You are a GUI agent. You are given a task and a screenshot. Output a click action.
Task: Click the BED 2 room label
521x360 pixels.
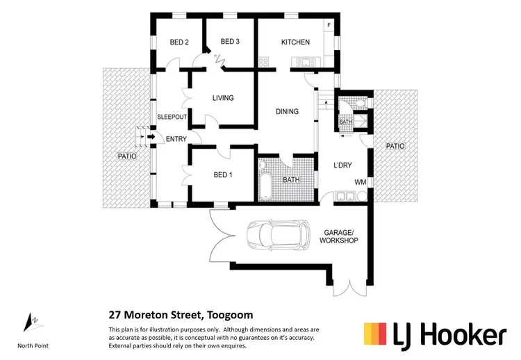tap(179, 42)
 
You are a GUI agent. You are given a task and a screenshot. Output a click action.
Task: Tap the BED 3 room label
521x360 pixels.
tap(230, 42)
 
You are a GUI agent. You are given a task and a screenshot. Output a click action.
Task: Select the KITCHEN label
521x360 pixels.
tap(295, 42)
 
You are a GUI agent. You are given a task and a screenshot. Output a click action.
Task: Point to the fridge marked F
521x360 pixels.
tap(329, 26)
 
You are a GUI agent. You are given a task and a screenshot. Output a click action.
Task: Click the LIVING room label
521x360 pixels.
tap(223, 98)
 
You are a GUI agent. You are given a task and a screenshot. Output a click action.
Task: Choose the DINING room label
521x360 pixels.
tap(287, 111)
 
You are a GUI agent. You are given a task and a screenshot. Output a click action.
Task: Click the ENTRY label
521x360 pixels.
tap(176, 139)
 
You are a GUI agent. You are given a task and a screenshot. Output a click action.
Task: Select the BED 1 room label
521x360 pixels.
tap(222, 174)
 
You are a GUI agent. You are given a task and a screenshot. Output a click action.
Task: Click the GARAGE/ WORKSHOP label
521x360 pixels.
tap(338, 236)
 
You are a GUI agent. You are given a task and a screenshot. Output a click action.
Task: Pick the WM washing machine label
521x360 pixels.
tap(360, 182)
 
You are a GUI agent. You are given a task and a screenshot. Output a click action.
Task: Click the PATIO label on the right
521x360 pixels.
tap(395, 147)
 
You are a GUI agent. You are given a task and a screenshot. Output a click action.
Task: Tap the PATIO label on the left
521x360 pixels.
tap(126, 156)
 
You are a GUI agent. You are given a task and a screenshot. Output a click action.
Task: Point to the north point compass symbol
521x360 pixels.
tap(31, 322)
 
